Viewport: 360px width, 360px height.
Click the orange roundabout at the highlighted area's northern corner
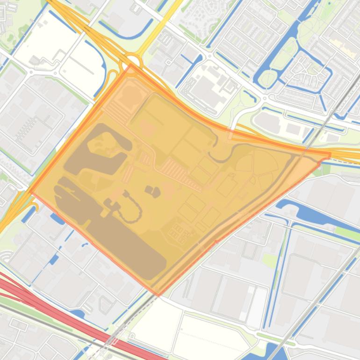point(132,61)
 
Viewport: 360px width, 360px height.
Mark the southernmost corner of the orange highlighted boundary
point(158,295)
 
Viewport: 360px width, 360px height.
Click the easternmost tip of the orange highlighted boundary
point(330,154)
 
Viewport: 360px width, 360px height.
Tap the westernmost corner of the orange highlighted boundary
point(30,192)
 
